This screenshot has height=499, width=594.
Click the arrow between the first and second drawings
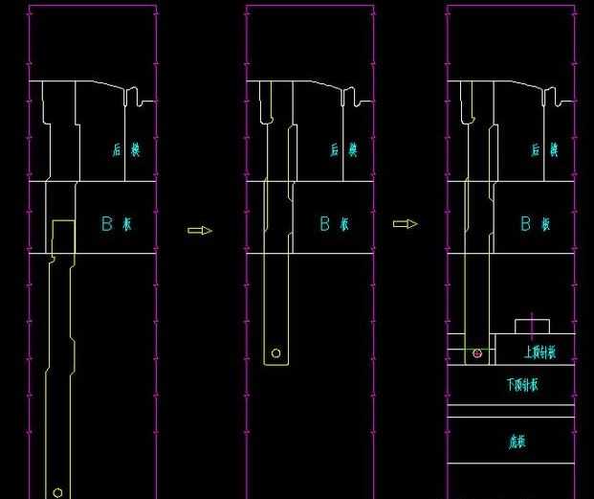(199, 230)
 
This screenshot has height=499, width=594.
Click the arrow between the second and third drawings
(406, 223)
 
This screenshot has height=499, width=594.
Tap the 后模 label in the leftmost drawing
(126, 149)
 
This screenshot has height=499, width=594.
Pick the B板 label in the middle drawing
(335, 224)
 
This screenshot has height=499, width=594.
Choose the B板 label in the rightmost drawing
(535, 224)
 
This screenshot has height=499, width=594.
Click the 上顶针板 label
(539, 352)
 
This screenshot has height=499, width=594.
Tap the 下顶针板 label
(522, 385)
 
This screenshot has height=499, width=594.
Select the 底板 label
(517, 442)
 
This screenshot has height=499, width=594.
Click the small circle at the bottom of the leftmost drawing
(57, 492)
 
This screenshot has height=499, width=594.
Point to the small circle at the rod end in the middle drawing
(276, 353)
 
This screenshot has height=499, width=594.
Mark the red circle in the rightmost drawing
(477, 353)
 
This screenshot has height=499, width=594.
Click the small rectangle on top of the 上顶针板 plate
(532, 326)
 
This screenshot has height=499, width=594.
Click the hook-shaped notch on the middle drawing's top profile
(351, 96)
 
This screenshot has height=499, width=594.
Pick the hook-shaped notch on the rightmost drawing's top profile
(552, 96)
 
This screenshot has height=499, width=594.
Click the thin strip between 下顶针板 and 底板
(512, 411)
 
